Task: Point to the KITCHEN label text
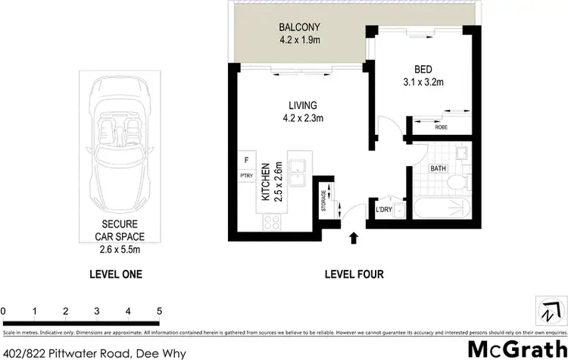click(x=265, y=182)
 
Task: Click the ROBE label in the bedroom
click(x=440, y=128)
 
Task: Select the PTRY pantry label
click(x=245, y=176)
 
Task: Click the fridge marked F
click(x=245, y=160)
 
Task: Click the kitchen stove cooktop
click(x=271, y=221)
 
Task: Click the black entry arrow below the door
click(x=353, y=240)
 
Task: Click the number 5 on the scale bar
click(x=159, y=311)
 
